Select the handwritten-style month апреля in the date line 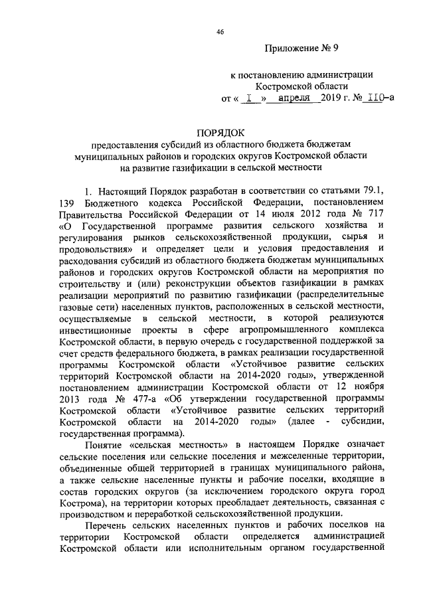coord(294,98)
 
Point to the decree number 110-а coord(381,98)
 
